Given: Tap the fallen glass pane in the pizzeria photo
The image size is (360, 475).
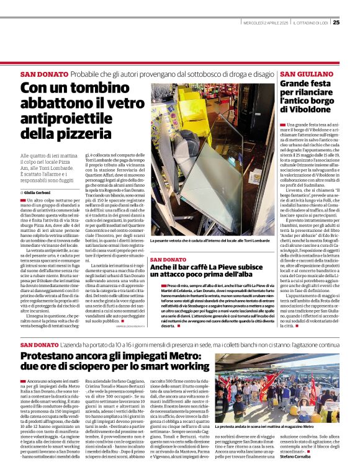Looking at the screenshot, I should (205, 205).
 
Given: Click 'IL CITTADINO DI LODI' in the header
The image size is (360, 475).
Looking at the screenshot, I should (310, 23).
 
